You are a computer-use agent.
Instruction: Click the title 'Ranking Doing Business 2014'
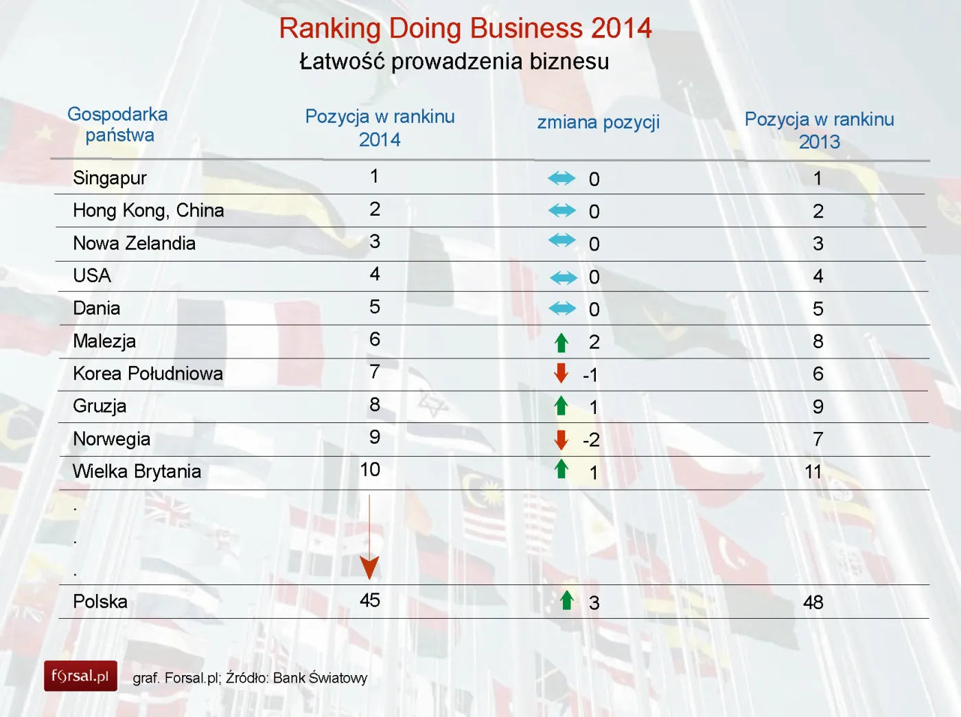coord(465,29)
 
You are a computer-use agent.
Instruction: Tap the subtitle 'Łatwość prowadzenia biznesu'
coord(454,62)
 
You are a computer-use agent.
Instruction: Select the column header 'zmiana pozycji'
coord(598,122)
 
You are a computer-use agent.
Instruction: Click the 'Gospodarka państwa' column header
coord(118,124)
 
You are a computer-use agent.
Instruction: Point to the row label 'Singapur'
coord(110,178)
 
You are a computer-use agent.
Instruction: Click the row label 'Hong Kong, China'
coord(148,210)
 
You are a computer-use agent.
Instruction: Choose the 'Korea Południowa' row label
coord(148,374)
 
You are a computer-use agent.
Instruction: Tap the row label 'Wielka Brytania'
coord(137,471)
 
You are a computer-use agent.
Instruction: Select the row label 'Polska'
coord(100,602)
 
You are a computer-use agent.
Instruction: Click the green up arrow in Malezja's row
coord(561,342)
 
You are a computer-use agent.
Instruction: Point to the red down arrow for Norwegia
coord(561,440)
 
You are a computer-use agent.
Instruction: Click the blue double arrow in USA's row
coord(564,277)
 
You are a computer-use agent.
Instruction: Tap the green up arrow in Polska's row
coord(566,600)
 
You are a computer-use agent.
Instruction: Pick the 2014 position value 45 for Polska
coord(370,600)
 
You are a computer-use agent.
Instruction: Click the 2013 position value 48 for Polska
coord(813,602)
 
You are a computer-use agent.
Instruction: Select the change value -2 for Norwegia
coord(591,440)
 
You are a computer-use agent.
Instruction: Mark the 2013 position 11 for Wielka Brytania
coord(813,472)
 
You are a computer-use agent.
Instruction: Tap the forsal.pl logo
coord(80,676)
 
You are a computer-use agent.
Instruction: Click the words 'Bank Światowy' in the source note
coord(320,678)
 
